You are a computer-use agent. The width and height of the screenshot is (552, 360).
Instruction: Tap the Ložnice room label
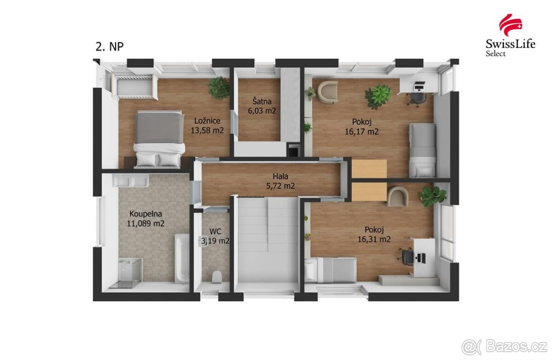click(x=207, y=121)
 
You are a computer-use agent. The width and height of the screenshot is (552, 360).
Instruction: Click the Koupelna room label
click(x=146, y=214)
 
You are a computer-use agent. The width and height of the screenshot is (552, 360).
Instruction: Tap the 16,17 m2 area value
click(x=362, y=131)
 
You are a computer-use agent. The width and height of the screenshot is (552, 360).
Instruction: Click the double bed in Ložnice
click(x=159, y=138)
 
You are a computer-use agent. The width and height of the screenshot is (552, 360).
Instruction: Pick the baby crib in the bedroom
click(x=135, y=88)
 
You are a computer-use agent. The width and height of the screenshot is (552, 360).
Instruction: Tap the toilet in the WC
click(x=216, y=277)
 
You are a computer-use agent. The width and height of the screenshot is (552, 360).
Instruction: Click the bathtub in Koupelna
click(x=182, y=258)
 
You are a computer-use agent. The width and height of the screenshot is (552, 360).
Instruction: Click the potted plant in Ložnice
click(x=218, y=87)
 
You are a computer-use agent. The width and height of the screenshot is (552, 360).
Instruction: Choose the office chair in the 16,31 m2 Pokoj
click(x=408, y=256)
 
